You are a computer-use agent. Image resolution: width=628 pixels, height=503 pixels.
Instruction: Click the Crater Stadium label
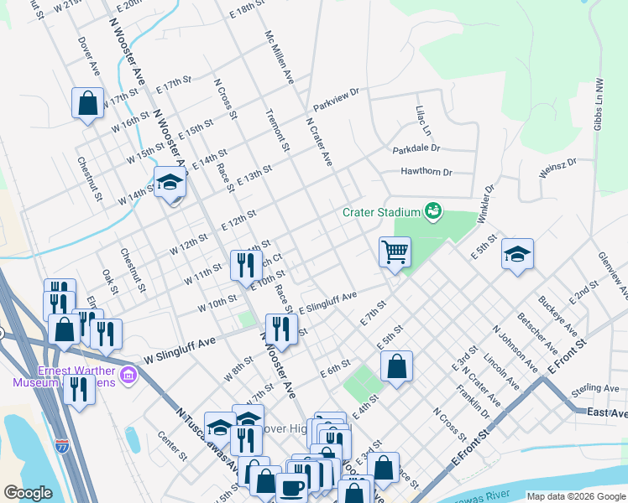[x=381, y=212]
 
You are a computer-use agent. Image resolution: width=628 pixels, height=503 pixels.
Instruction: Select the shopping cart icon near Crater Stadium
[x=395, y=251]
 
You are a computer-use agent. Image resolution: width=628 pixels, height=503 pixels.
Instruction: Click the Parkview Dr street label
[x=336, y=101]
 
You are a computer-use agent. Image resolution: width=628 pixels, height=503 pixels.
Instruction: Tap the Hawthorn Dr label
[x=423, y=172]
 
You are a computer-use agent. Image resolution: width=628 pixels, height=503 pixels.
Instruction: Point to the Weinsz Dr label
[x=557, y=170]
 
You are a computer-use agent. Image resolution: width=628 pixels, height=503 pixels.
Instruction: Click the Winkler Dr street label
[x=486, y=204]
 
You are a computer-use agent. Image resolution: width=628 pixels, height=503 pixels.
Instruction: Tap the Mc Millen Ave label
[x=279, y=58]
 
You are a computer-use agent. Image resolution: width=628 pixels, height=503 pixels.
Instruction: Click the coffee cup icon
[x=292, y=486]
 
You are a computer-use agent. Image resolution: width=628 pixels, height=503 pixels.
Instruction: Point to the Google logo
[x=28, y=493]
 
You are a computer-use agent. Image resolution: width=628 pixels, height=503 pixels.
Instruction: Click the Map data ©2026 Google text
[x=575, y=496]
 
